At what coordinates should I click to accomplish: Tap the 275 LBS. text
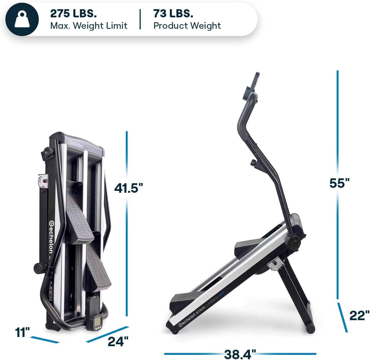[73, 14]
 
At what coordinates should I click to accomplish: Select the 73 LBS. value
[173, 14]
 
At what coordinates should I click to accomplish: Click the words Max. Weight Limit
[89, 26]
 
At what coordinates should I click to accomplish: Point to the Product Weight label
[187, 26]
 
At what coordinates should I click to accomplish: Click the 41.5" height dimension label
[128, 188]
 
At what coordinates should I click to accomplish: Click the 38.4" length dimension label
[240, 353]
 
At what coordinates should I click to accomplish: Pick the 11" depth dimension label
[22, 332]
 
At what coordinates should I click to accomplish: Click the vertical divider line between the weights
[140, 19]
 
